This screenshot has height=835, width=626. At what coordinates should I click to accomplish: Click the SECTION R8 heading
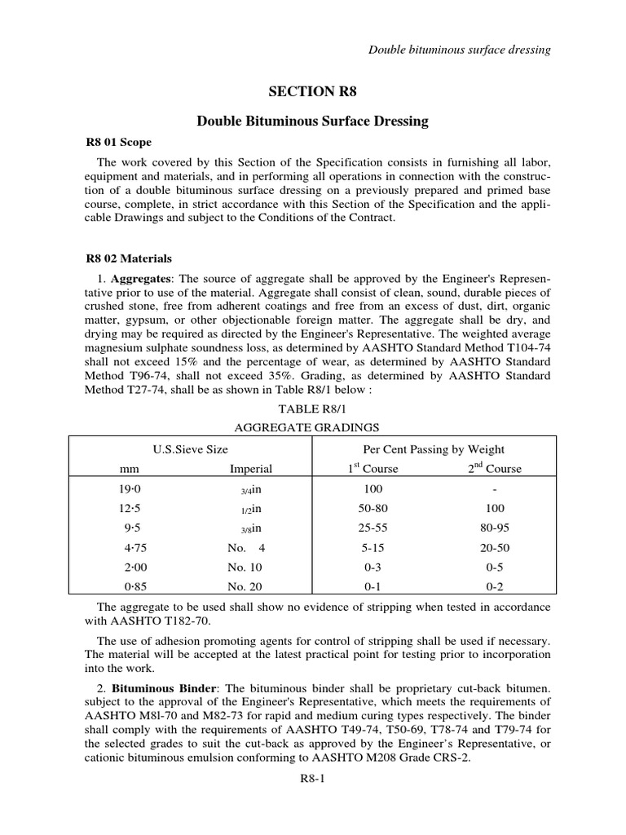313,91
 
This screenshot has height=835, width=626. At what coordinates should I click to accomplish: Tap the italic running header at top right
461,50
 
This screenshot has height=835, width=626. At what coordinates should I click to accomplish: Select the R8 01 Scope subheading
118,142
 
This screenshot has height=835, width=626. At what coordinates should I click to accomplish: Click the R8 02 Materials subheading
129,258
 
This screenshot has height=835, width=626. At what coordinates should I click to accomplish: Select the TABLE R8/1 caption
312,410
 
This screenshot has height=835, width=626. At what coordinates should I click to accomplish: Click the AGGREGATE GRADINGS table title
312,427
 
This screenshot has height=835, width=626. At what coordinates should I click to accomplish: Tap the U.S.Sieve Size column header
191,449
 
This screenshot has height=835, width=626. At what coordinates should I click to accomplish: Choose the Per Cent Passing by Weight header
434,449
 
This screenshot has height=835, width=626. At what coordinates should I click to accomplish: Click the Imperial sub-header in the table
251,469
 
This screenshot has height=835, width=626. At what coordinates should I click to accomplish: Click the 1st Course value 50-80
371,508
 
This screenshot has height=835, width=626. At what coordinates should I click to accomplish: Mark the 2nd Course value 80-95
495,528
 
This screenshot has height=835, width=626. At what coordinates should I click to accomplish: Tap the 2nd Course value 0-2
495,586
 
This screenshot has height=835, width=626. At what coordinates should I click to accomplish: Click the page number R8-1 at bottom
313,780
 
